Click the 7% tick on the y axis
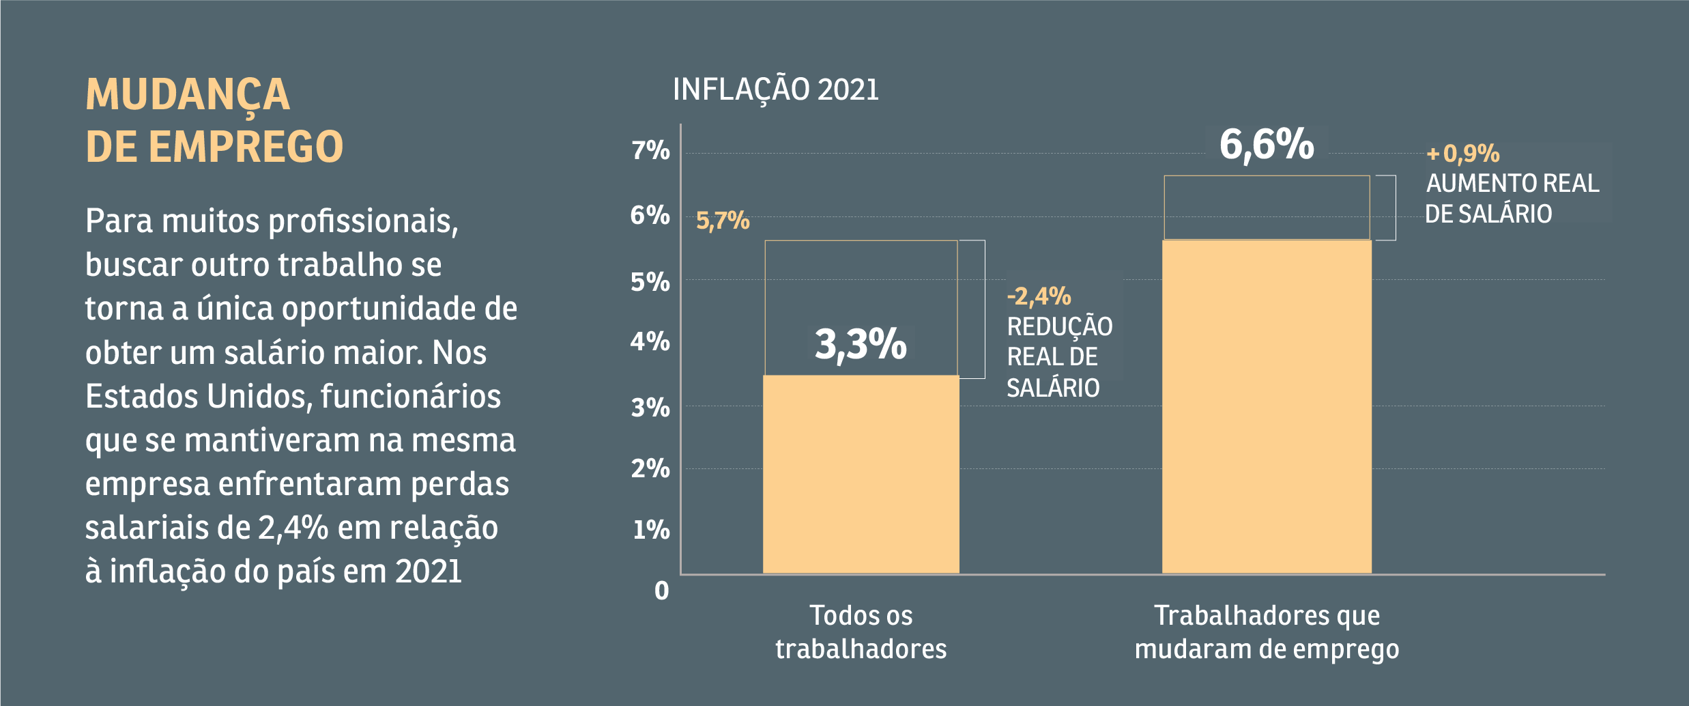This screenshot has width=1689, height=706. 650,150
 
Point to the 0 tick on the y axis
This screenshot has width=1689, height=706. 661,591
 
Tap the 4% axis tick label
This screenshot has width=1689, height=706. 650,341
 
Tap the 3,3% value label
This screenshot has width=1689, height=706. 861,343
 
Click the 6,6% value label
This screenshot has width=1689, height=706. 1267,144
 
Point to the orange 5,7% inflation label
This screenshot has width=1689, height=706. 723,221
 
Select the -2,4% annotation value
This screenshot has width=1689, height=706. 1039,296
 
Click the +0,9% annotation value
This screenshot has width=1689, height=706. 1463,153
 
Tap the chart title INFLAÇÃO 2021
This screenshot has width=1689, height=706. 775,89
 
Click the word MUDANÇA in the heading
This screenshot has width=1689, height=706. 188,94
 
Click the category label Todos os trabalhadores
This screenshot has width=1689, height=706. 861,632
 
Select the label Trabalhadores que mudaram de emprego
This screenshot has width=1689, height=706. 1267,632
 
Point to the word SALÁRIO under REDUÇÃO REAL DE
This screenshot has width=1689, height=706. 1053,388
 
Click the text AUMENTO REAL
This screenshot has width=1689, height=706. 1512,183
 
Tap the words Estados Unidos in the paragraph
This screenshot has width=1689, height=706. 198,396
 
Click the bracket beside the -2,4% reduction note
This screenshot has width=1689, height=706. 983,309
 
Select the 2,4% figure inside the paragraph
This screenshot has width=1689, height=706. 293,528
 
